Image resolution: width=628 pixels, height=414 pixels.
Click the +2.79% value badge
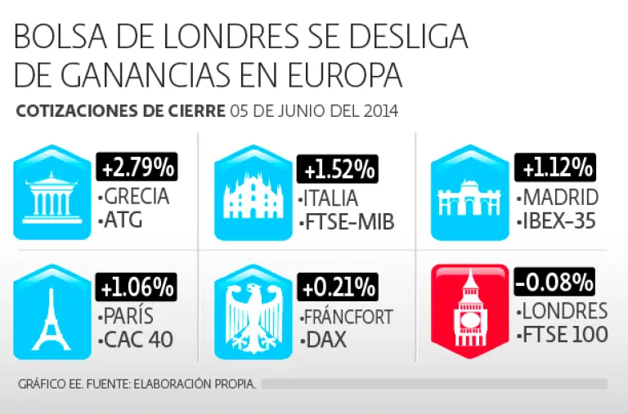click(137, 168)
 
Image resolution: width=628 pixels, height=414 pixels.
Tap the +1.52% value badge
click(339, 170)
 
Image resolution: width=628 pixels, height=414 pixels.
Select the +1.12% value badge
click(554, 168)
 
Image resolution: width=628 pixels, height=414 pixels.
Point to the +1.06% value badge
click(137, 287)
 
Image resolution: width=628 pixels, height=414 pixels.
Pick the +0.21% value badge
click(339, 287)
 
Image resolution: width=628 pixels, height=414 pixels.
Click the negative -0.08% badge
click(554, 283)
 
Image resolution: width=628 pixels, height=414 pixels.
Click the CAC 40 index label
click(137, 339)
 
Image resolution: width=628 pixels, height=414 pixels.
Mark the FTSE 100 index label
click(563, 334)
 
